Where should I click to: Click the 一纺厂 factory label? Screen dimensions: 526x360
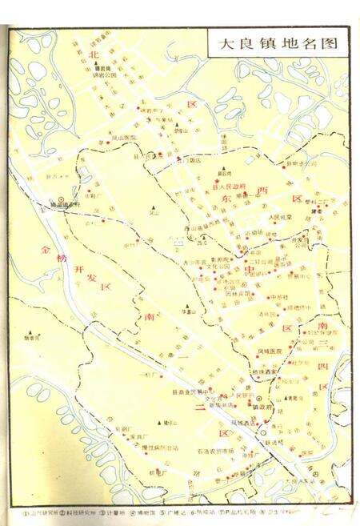pyautogui.click(x=149, y=374)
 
